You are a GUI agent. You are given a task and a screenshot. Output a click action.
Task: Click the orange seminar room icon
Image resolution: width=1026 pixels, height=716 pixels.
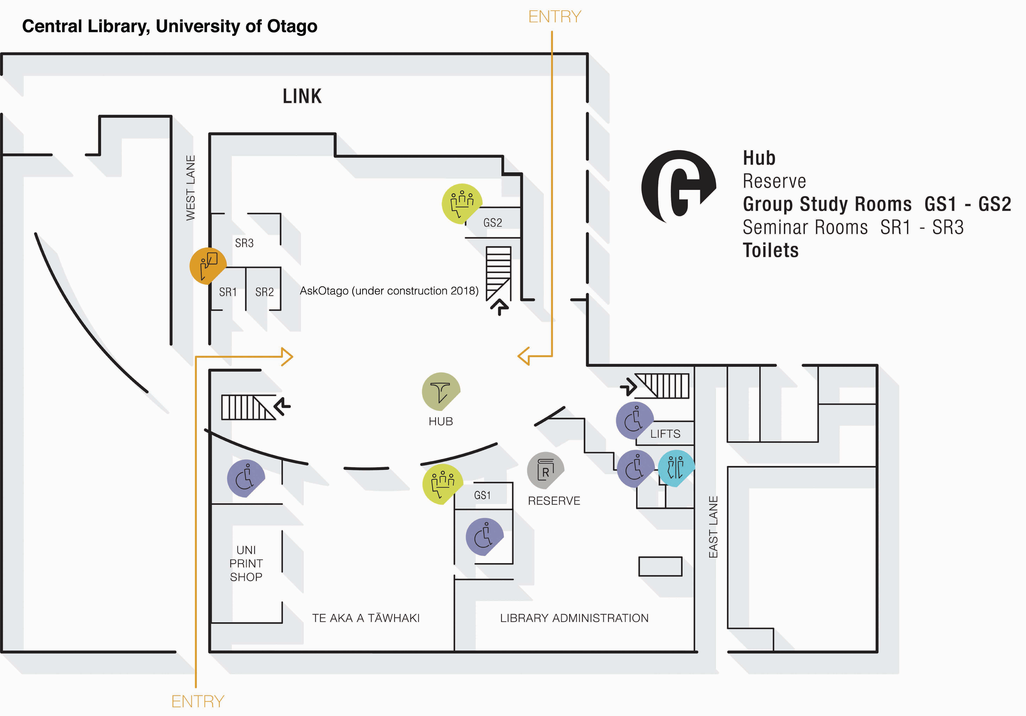pyautogui.click(x=208, y=266)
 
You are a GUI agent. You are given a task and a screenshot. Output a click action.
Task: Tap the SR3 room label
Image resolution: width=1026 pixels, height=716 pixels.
pyautogui.click(x=244, y=243)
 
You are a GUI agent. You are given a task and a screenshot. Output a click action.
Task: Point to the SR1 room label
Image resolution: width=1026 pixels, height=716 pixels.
pyautogui.click(x=228, y=292)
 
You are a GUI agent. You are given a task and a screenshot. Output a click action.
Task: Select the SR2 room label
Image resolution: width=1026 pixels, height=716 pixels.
pyautogui.click(x=265, y=292)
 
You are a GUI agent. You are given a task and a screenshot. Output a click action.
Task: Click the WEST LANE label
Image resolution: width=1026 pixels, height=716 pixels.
pyautogui.click(x=191, y=188)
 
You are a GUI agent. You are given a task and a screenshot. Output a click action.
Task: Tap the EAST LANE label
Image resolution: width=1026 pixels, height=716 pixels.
pyautogui.click(x=713, y=527)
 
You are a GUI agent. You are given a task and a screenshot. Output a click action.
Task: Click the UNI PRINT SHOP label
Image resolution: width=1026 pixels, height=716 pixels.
pyautogui.click(x=246, y=563)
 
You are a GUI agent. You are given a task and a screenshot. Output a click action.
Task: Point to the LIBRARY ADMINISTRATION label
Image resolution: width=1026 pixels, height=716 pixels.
pyautogui.click(x=574, y=618)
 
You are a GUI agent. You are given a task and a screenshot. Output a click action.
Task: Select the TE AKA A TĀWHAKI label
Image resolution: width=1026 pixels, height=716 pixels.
pyautogui.click(x=366, y=618)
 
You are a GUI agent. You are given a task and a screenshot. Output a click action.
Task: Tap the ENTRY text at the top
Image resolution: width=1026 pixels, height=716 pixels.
pyautogui.click(x=554, y=17)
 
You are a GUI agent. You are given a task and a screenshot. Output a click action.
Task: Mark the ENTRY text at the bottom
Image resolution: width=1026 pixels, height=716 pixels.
pyautogui.click(x=198, y=702)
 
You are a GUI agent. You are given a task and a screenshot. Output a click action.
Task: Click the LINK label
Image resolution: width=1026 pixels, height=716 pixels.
pyautogui.click(x=302, y=96)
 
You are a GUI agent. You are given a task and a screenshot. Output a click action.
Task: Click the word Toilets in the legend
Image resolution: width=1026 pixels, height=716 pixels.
pyautogui.click(x=770, y=250)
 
